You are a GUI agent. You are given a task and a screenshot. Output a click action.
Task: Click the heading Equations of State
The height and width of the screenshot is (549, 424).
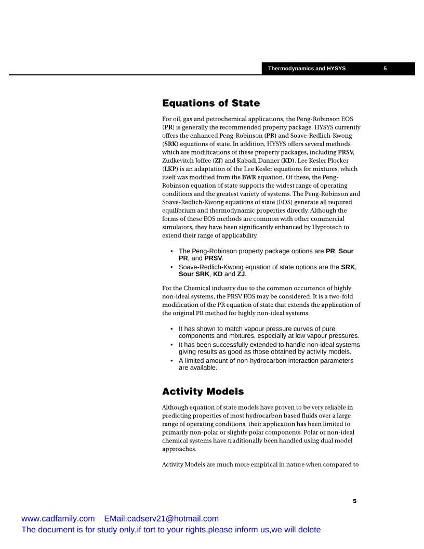(211, 103)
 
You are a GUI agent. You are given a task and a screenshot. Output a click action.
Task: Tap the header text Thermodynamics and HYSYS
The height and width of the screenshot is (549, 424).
(307, 69)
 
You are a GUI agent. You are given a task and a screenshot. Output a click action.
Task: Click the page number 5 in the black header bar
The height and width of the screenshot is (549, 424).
(385, 69)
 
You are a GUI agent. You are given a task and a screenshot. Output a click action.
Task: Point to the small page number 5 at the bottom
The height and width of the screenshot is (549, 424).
(354, 501)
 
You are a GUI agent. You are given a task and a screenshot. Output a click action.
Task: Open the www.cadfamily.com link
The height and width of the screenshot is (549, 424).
(58, 518)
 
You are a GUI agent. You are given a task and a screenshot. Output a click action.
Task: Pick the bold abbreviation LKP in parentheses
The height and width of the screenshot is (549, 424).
(170, 169)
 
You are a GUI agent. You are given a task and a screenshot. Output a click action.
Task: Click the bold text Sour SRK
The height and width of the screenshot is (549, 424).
(194, 274)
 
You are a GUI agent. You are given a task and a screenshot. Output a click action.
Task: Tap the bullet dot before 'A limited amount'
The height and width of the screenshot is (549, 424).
(172, 360)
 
